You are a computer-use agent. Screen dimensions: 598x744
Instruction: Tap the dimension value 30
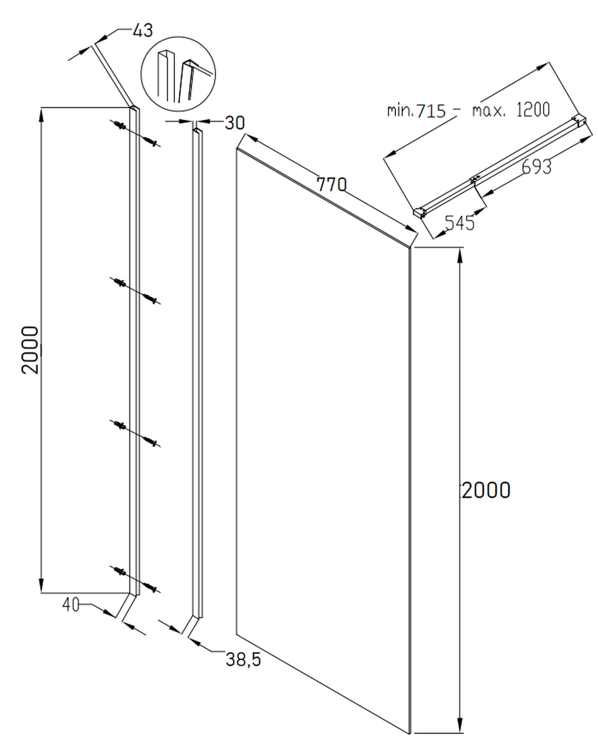pos(235,123)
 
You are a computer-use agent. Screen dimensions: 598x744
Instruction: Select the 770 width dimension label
pos(331,185)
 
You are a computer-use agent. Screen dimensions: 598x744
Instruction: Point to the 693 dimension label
pos(536,167)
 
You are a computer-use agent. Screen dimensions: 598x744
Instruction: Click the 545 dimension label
pos(460,223)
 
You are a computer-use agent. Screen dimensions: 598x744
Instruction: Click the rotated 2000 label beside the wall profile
pos(30,350)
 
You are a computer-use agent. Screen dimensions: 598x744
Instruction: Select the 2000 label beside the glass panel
pos(486,490)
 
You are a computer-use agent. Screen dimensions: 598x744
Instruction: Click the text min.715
pos(416,111)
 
